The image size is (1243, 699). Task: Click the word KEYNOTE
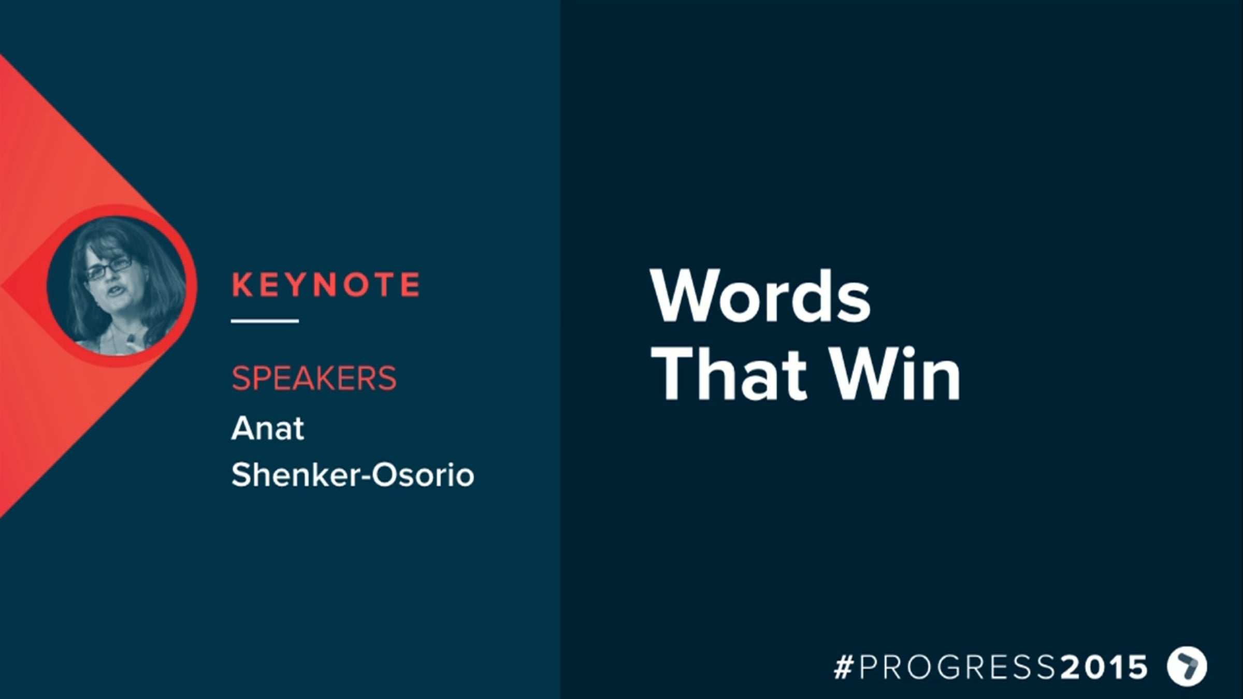click(326, 285)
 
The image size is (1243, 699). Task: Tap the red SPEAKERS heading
click(314, 378)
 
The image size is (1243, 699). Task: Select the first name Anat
click(268, 428)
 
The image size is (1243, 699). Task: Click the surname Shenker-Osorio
click(353, 475)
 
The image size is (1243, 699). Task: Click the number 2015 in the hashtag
click(1104, 666)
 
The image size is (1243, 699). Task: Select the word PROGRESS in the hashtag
click(957, 666)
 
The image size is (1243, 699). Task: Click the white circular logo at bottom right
click(1187, 666)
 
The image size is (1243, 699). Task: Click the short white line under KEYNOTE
click(265, 321)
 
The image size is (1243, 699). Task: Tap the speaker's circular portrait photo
click(117, 286)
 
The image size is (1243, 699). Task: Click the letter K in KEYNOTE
click(241, 285)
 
